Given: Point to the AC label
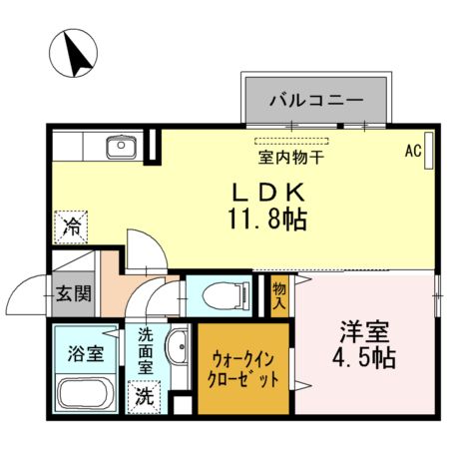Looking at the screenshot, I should pos(413,152).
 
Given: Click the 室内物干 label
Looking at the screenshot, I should pos(289,157).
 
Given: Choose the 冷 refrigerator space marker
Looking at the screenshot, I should pos(72,227).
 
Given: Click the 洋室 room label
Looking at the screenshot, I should pos(362,330).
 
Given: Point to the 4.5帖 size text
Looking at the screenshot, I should pos(362,357).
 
